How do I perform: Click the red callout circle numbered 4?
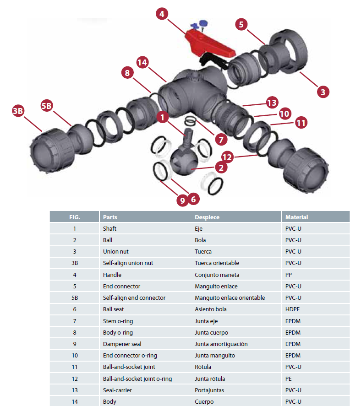click(161, 14)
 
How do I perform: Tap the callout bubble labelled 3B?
click(18, 111)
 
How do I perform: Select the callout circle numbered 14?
click(142, 63)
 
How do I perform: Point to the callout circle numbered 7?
click(220, 139)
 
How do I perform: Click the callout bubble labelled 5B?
click(47, 105)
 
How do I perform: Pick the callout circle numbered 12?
click(228, 157)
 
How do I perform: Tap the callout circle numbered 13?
click(272, 102)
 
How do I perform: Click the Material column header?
click(296, 217)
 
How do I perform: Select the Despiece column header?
click(207, 217)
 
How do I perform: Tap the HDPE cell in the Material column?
click(292, 309)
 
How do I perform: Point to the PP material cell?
click(289, 275)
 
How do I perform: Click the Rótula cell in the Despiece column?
click(203, 367)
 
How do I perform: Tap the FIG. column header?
click(74, 217)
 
